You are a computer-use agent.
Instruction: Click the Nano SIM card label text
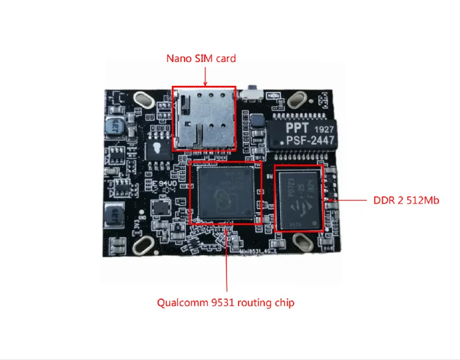click(201, 59)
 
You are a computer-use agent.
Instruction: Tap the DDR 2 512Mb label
click(406, 201)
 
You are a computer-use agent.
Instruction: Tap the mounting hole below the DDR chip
click(302, 242)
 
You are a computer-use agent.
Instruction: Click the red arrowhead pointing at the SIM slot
click(205, 82)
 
